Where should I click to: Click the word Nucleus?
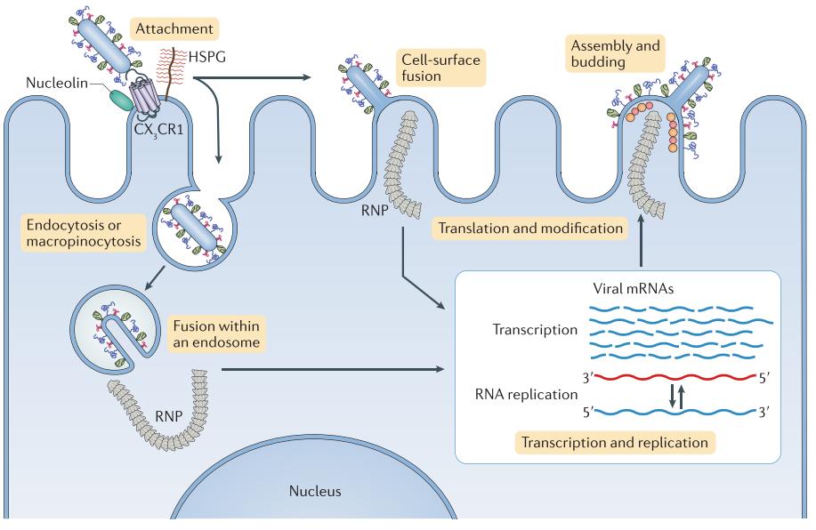click(315, 491)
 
